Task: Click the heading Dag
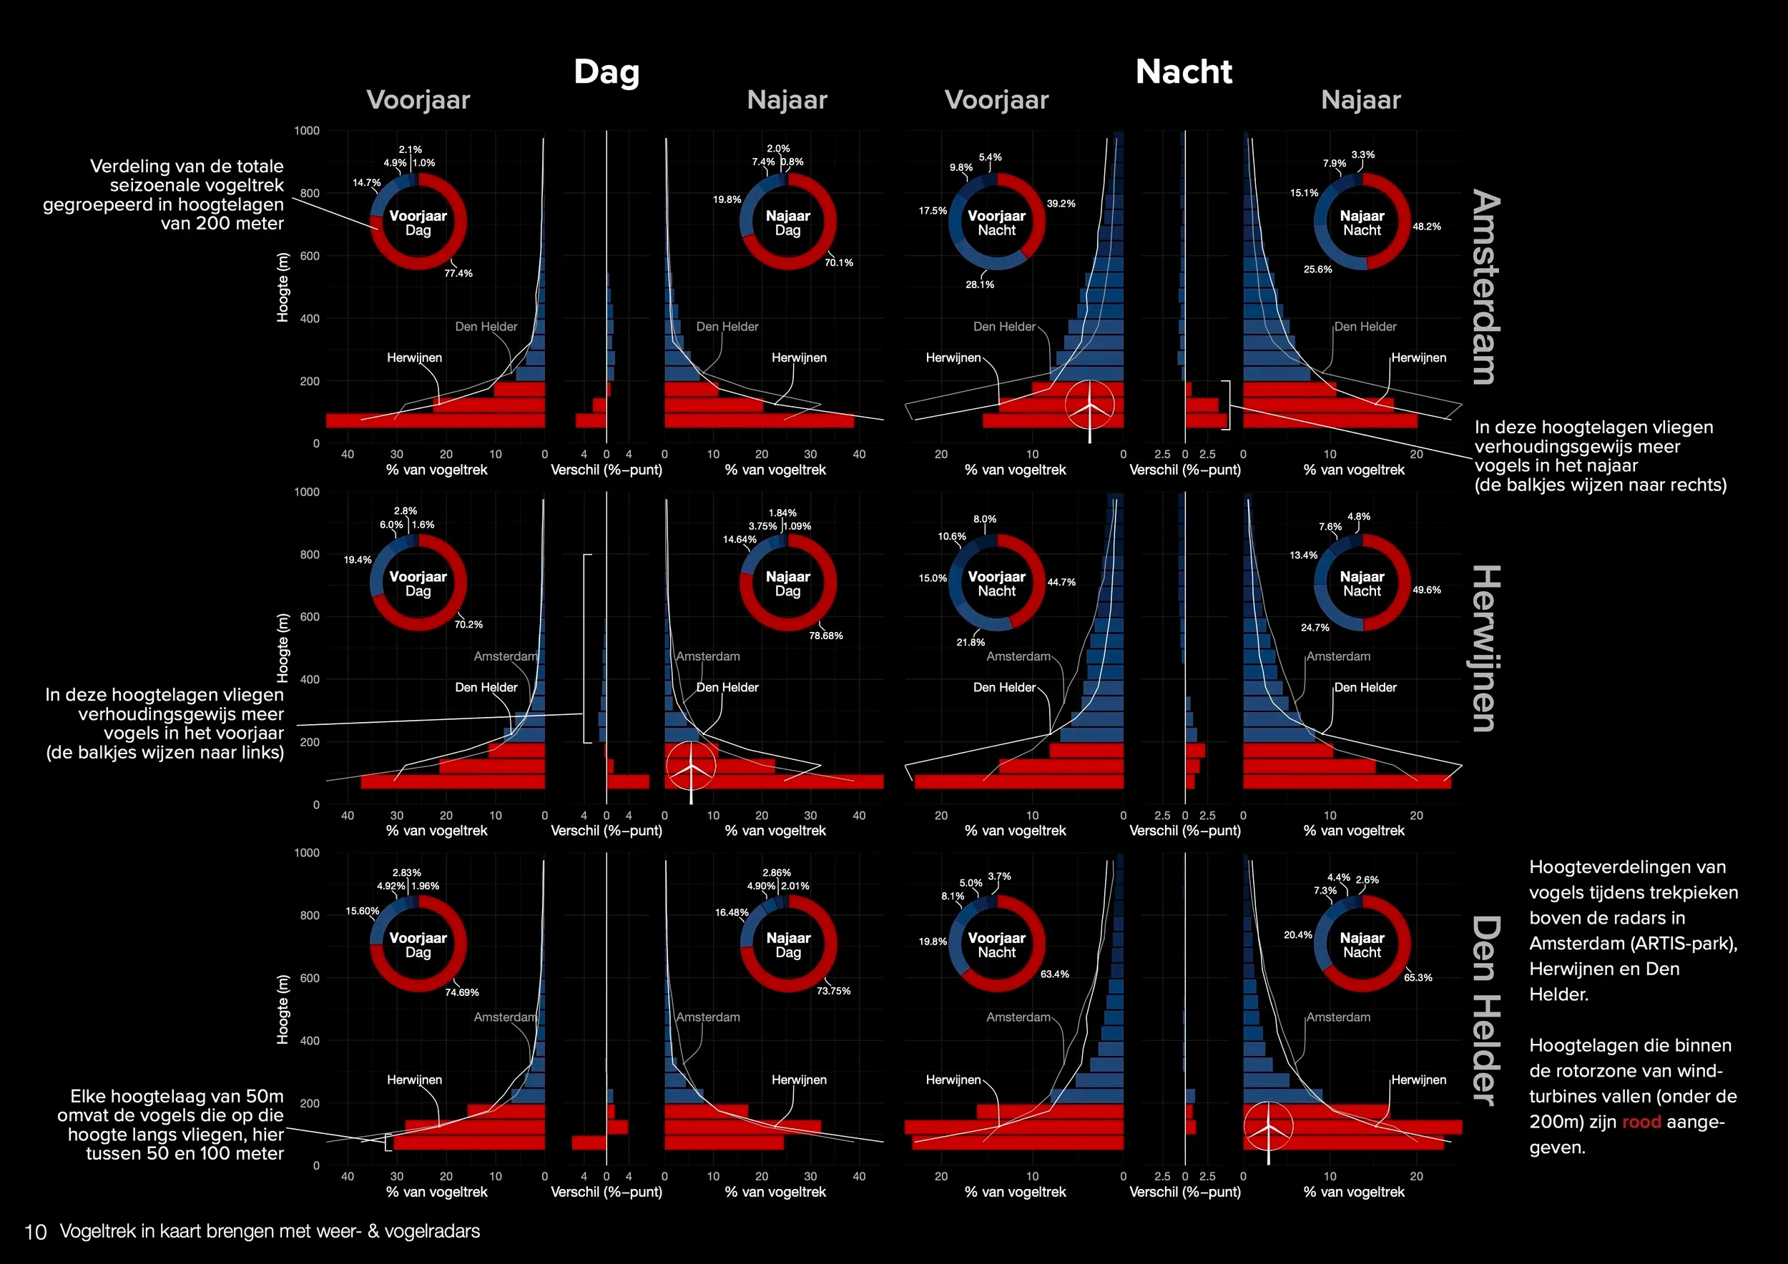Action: [x=606, y=71]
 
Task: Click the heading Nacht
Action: [x=1184, y=71]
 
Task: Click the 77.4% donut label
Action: [x=458, y=273]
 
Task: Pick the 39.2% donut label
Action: [x=1061, y=204]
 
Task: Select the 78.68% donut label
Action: [x=825, y=636]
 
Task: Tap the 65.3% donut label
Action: [x=1418, y=977]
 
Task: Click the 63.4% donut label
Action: [x=1054, y=974]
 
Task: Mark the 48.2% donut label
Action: [x=1427, y=227]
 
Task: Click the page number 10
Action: [x=36, y=1232]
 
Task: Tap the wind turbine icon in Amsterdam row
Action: [x=1089, y=405]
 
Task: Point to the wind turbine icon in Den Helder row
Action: [x=1268, y=1127]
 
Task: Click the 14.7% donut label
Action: [x=367, y=183]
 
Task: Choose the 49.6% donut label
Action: [x=1427, y=590]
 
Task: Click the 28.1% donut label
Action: [x=980, y=285]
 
